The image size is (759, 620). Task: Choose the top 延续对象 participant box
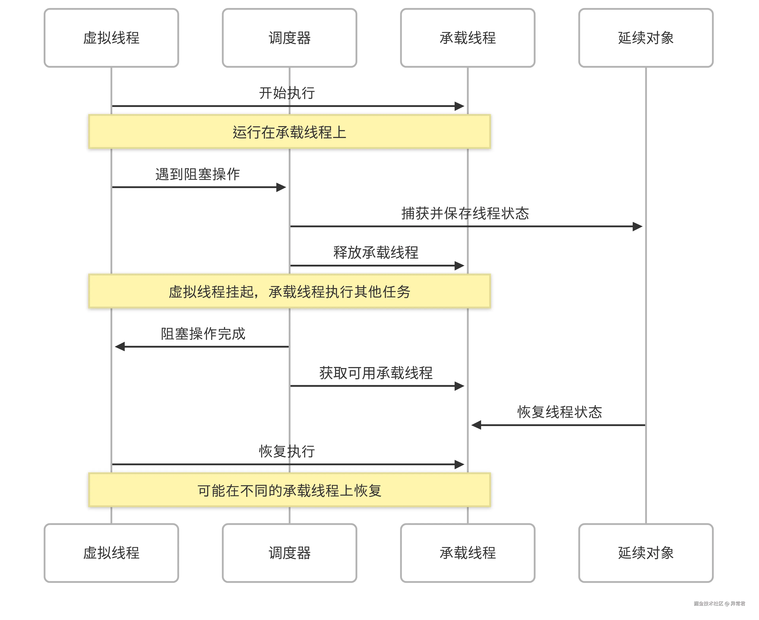(x=646, y=38)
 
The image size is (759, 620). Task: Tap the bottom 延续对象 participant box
(x=646, y=553)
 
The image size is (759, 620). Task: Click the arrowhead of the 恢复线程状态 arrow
(x=476, y=425)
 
